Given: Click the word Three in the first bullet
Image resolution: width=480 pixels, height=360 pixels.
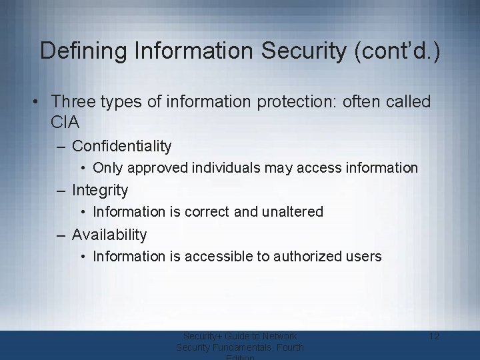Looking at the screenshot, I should pyautogui.click(x=73, y=102).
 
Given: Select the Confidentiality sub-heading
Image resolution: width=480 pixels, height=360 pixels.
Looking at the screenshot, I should pyautogui.click(x=121, y=146).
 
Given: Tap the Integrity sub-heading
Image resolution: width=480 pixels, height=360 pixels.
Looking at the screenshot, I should pyautogui.click(x=99, y=190).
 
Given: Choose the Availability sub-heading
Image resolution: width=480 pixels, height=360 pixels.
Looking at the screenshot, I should pyautogui.click(x=109, y=235).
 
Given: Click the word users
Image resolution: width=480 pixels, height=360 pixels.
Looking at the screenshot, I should pyautogui.click(x=363, y=256).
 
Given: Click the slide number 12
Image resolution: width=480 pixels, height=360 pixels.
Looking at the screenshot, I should pyautogui.click(x=433, y=336).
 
